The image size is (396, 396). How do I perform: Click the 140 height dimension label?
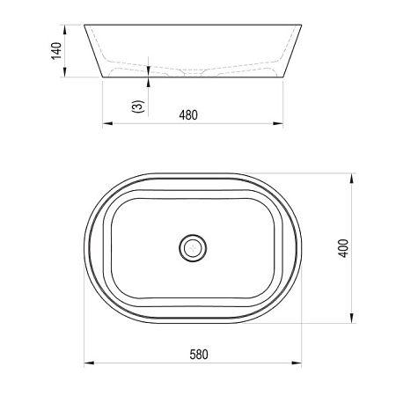pos(56,51)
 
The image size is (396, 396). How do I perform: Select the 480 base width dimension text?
pos(188,115)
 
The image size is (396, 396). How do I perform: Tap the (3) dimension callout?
pos(137,106)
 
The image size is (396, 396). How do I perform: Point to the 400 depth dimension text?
pos(343,248)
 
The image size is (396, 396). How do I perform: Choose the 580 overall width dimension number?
pos(199,355)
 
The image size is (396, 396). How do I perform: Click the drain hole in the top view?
pos(193,248)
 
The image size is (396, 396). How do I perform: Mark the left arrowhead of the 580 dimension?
pos(89,363)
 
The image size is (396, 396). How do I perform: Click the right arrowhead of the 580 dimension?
pos(297,363)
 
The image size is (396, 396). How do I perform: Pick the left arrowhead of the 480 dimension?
pos(107,123)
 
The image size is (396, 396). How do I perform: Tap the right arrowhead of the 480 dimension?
pos(278,123)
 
